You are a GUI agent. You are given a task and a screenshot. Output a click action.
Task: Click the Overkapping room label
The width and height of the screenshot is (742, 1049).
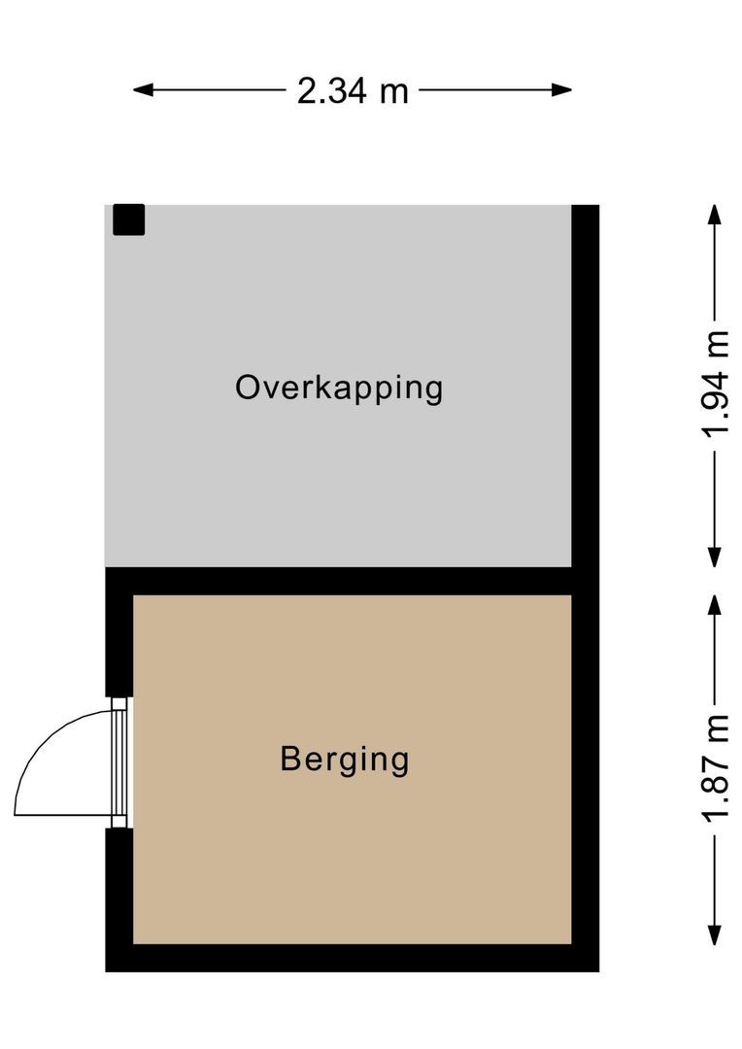pyautogui.click(x=339, y=389)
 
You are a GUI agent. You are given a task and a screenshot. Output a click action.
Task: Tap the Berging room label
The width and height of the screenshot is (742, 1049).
pyautogui.click(x=345, y=760)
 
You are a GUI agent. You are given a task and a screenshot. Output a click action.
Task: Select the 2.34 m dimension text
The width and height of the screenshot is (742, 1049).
pyautogui.click(x=353, y=91)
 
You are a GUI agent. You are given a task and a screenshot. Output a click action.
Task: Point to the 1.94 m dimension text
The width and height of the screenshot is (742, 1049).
pyautogui.click(x=717, y=386)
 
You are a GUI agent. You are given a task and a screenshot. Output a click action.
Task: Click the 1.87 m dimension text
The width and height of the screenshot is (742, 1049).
pyautogui.click(x=717, y=769)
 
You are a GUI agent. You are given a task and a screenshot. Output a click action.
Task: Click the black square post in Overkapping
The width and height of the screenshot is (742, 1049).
pyautogui.click(x=128, y=220)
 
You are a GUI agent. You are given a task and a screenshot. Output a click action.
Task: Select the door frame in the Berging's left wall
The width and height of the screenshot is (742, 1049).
pyautogui.click(x=119, y=763)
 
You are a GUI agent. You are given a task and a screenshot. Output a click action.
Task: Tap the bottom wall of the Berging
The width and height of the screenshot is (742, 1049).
pyautogui.click(x=350, y=958)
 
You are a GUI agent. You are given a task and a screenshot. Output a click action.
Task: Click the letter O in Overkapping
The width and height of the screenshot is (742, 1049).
pyautogui.click(x=248, y=388)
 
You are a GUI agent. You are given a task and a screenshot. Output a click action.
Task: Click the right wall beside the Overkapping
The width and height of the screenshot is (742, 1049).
pyautogui.click(x=586, y=389)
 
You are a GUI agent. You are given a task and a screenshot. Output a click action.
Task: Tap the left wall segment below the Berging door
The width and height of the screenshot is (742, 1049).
pyautogui.click(x=118, y=894)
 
